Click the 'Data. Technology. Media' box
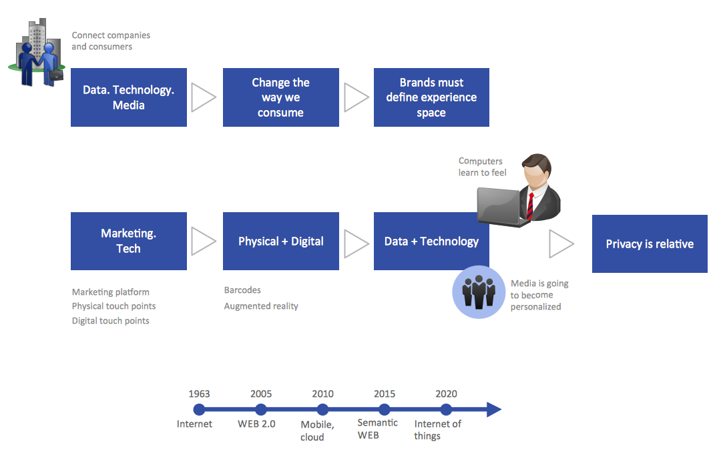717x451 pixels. [x=128, y=97]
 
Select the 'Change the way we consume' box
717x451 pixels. [x=280, y=97]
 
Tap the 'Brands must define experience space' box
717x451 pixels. [x=431, y=97]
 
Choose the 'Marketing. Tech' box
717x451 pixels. [x=128, y=241]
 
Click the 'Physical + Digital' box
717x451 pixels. [x=280, y=241]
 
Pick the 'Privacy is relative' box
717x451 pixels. [x=650, y=244]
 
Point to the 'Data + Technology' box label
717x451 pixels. [x=431, y=242]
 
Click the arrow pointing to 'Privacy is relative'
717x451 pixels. [x=561, y=244]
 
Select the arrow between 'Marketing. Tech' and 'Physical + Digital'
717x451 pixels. [x=204, y=241]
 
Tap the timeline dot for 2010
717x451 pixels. [x=323, y=410]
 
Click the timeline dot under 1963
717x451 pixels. [x=199, y=410]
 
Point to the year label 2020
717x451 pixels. [x=446, y=394]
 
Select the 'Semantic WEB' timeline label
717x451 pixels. [x=377, y=429]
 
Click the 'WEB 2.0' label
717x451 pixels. [x=256, y=424]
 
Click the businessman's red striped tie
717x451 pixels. [x=530, y=207]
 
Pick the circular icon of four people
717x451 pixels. [x=479, y=293]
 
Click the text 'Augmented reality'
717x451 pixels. [x=261, y=306]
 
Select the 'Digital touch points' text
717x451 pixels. [x=111, y=321]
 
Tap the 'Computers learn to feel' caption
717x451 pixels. [x=482, y=167]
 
